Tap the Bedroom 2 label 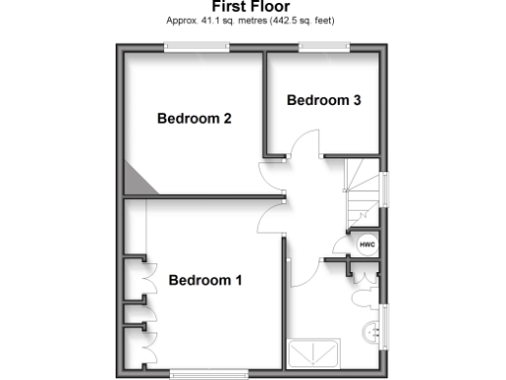195,119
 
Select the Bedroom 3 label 317,100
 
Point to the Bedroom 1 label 205,280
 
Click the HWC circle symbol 366,243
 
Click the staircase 362,188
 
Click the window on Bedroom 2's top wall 197,47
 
